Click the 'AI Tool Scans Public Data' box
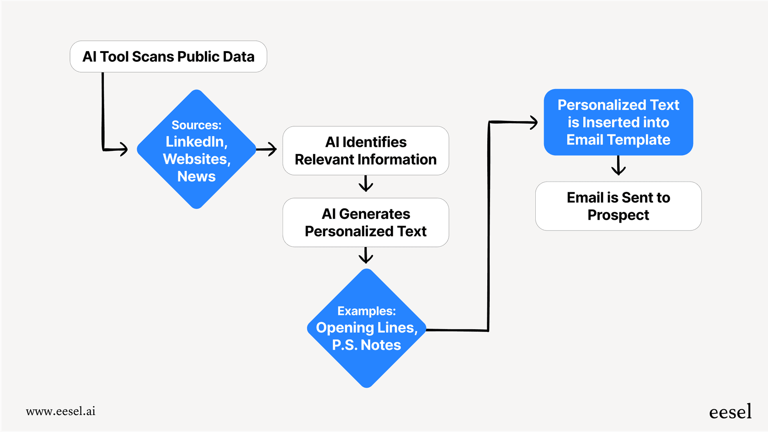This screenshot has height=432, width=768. pyautogui.click(x=168, y=57)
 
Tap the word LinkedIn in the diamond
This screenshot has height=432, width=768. pyautogui.click(x=196, y=142)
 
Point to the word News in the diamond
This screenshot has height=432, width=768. pyautogui.click(x=196, y=176)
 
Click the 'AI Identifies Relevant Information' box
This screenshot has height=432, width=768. pyautogui.click(x=366, y=151)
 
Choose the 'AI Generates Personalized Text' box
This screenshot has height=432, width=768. pyautogui.click(x=366, y=223)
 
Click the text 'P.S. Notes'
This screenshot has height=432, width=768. pyautogui.click(x=366, y=345)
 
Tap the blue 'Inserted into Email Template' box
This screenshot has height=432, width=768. pyautogui.click(x=618, y=122)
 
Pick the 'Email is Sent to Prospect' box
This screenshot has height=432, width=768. pyautogui.click(x=618, y=206)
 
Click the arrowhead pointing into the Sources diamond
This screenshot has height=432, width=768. pyautogui.click(x=123, y=149)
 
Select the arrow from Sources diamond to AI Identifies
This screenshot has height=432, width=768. pyautogui.click(x=267, y=149)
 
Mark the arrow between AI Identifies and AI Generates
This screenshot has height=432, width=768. pyautogui.click(x=366, y=184)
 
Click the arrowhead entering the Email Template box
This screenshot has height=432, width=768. pyautogui.click(x=533, y=122)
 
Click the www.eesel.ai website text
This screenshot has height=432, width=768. pyautogui.click(x=61, y=411)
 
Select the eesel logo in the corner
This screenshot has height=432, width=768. pyautogui.click(x=730, y=412)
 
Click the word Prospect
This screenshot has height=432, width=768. pyautogui.click(x=618, y=215)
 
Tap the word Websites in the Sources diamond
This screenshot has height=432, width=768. pyautogui.click(x=196, y=159)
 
